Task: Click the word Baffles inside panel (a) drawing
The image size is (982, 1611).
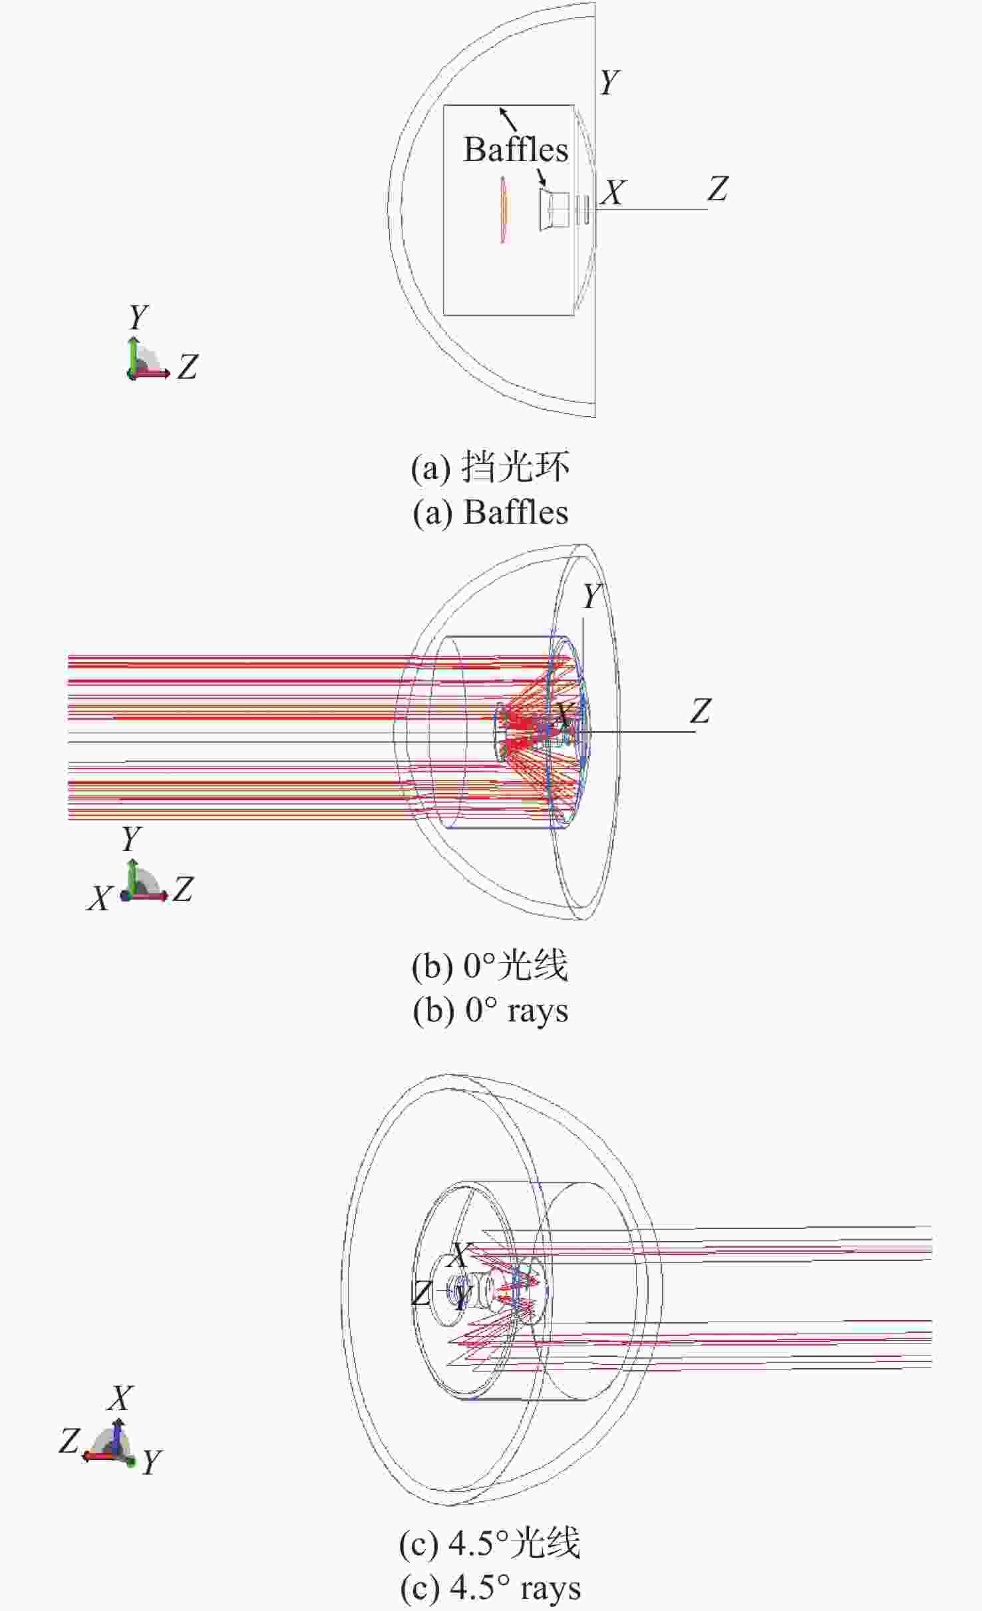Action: (516, 149)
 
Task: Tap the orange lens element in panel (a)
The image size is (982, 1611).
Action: (504, 210)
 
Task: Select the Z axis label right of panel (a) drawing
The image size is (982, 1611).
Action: (718, 189)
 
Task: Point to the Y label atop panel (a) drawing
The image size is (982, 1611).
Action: (609, 83)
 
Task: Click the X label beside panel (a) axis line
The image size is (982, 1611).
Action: (613, 193)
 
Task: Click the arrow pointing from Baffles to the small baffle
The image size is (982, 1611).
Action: (542, 176)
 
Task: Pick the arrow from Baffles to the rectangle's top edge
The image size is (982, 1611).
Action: (508, 118)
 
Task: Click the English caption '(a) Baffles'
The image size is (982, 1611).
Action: (490, 512)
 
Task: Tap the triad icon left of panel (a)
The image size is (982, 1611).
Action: (147, 360)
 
